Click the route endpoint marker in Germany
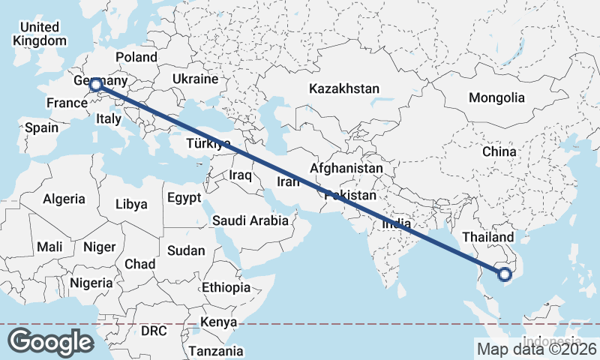point(96,85)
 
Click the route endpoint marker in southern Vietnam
point(505,274)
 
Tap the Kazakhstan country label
point(344,88)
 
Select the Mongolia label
point(496,97)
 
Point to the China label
point(499,151)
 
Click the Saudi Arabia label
point(250,220)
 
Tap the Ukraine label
point(195,79)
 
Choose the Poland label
point(136,57)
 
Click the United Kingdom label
point(40,34)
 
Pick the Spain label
point(41,127)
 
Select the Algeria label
point(64,199)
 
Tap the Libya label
point(132,204)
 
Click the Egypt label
point(184,198)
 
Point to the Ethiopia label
point(226,287)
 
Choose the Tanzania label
point(216,350)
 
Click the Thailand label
point(488,237)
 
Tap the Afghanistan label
point(346,169)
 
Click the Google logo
point(51,341)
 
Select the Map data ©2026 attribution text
point(537,349)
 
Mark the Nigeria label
point(91,283)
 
